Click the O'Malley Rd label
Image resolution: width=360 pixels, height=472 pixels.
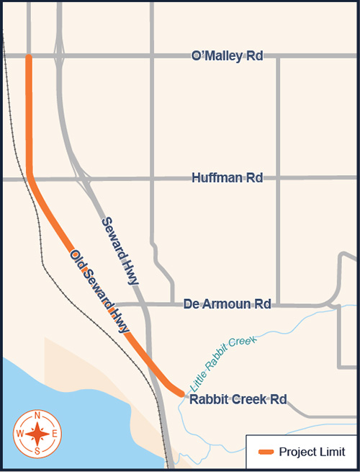[x=227, y=55]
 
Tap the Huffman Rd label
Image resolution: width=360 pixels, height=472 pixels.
[x=227, y=177]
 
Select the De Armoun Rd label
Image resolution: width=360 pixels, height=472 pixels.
[x=227, y=304]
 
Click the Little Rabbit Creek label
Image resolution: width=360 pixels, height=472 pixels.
[x=223, y=363]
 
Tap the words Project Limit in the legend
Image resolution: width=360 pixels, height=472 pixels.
[x=312, y=452]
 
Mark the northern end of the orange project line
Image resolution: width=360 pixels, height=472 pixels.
[x=29, y=57]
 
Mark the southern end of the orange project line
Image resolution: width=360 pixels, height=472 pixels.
[x=181, y=393]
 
